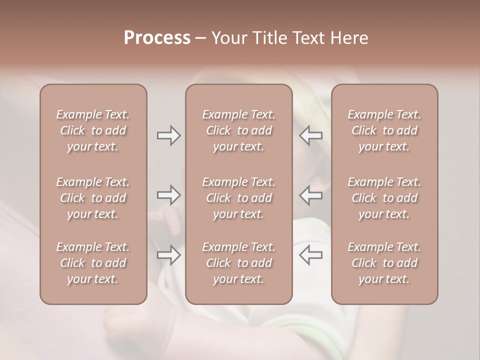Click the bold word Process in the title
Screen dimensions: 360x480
click(157, 38)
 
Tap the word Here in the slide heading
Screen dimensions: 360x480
click(349, 38)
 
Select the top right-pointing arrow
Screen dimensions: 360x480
click(169, 135)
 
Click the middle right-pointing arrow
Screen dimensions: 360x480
click(169, 195)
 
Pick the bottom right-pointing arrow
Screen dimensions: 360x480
click(169, 255)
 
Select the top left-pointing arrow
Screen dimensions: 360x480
click(311, 135)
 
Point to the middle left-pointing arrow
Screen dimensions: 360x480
click(311, 195)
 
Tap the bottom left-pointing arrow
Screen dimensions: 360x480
click(311, 255)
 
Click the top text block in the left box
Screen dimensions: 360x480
click(93, 130)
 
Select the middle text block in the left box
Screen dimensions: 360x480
click(93, 198)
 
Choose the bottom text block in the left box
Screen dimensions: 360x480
click(93, 263)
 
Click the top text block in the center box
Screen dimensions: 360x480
click(239, 130)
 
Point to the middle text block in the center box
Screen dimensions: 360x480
click(239, 198)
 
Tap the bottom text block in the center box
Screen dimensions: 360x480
click(239, 263)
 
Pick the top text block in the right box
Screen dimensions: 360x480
click(384, 130)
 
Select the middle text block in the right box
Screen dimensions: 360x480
click(384, 198)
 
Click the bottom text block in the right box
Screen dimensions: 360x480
click(384, 263)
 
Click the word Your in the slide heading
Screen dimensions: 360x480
click(229, 38)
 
